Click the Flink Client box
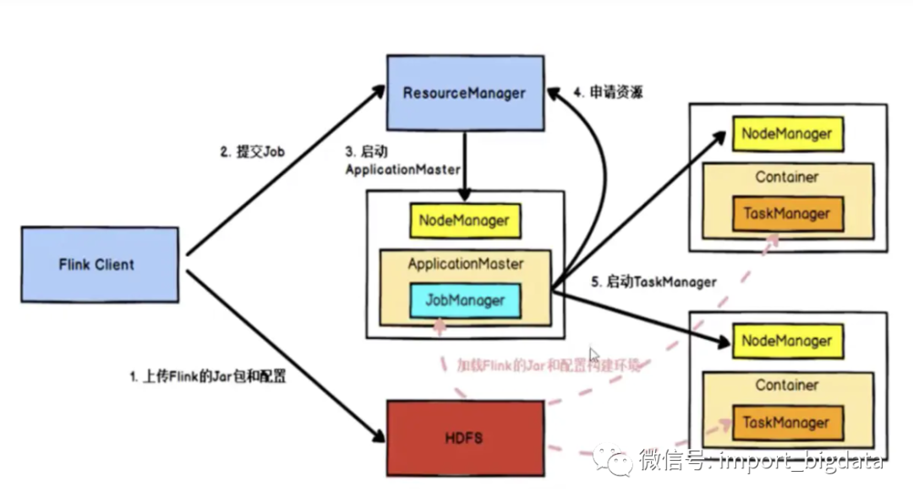point(99,264)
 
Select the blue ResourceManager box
point(464,93)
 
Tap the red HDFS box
point(465,438)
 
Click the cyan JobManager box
point(465,300)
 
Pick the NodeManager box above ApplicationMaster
point(464,221)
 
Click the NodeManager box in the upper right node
point(786,134)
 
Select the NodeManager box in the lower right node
point(786,342)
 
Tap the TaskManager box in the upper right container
point(786,214)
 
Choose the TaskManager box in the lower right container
point(786,422)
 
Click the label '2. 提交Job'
point(253,152)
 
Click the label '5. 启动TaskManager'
point(653,282)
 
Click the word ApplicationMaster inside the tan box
point(466,264)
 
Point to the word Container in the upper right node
point(787,177)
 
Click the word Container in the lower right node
point(787,385)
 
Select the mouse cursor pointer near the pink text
point(594,356)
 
